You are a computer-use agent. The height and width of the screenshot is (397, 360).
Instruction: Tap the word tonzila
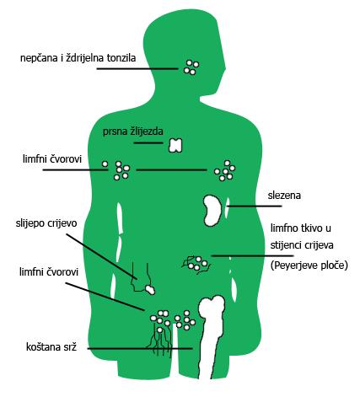(121, 58)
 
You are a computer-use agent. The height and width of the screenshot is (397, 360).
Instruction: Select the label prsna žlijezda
(133, 131)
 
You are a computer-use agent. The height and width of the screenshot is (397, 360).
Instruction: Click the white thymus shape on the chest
(175, 145)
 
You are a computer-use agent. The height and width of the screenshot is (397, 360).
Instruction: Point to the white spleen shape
(212, 211)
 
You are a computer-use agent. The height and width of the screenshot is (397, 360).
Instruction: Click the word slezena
(284, 196)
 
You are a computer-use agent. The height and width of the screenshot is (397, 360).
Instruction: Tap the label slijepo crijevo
(46, 224)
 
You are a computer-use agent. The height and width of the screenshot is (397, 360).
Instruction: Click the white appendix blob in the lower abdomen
(150, 289)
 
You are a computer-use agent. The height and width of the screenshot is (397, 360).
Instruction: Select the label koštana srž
(51, 347)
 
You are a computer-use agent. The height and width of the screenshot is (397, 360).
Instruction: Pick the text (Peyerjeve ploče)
(309, 266)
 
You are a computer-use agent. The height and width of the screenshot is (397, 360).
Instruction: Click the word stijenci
(285, 245)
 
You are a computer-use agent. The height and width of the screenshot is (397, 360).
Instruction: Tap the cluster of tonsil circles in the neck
(191, 67)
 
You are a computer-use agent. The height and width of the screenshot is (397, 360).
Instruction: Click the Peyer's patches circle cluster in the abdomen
(197, 263)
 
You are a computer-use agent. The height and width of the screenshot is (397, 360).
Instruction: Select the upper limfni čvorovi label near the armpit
(52, 159)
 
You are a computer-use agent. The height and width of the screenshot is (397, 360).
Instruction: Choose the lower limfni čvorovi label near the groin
(49, 272)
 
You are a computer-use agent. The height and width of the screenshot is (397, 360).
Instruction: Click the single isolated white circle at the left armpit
(105, 164)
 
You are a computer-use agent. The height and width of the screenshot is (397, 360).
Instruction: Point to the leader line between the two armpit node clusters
(171, 170)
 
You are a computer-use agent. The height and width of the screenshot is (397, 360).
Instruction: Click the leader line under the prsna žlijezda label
(148, 142)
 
